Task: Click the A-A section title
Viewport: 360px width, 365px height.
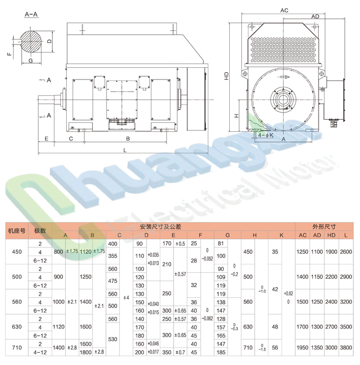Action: (32, 16)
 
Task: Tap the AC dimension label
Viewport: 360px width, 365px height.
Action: (284, 10)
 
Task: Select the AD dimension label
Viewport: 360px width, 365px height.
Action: (315, 17)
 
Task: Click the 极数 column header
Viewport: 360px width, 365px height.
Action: (40, 231)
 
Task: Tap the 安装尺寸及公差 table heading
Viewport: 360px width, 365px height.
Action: (160, 226)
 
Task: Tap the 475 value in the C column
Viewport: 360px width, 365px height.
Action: (112, 280)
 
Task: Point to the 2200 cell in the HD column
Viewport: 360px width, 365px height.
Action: (331, 277)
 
